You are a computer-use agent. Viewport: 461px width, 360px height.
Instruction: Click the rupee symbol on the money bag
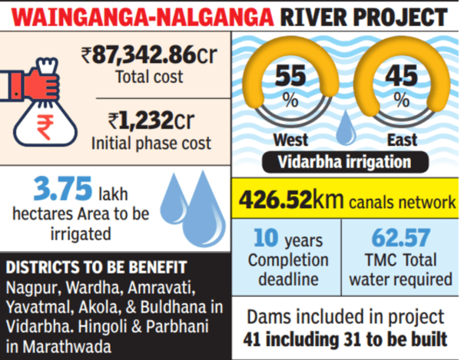(x=46, y=123)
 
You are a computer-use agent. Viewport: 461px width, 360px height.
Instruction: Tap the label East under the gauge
(x=400, y=140)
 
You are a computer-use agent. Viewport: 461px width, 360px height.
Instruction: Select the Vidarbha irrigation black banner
(x=345, y=162)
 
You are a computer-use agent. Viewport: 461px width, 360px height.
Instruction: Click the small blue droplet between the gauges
(x=347, y=123)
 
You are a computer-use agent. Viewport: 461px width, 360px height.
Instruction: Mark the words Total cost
(x=151, y=77)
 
